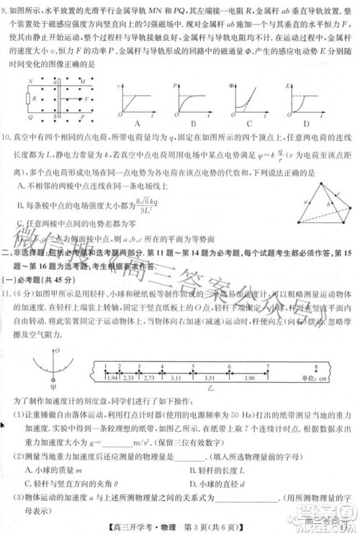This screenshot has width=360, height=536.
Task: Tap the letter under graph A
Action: (135, 123)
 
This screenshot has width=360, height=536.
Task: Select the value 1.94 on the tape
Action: (112, 376)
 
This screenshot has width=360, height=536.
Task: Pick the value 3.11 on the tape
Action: (176, 376)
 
